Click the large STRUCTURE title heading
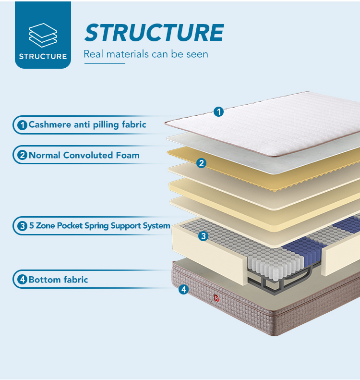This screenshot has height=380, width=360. [x=154, y=32]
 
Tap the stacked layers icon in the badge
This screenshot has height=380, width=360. [x=43, y=34]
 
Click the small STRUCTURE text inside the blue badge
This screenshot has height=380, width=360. [x=43, y=56]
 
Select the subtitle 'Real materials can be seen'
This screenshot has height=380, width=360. [x=146, y=54]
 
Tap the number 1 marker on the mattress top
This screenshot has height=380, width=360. [x=218, y=112]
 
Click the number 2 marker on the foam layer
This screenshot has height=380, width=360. [x=201, y=163]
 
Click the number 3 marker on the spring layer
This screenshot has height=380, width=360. [x=203, y=236]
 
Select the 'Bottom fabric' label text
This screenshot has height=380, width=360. [x=58, y=280]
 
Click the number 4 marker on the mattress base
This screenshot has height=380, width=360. [x=183, y=290]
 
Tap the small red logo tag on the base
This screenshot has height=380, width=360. [x=216, y=298]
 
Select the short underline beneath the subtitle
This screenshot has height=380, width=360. [x=104, y=63]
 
